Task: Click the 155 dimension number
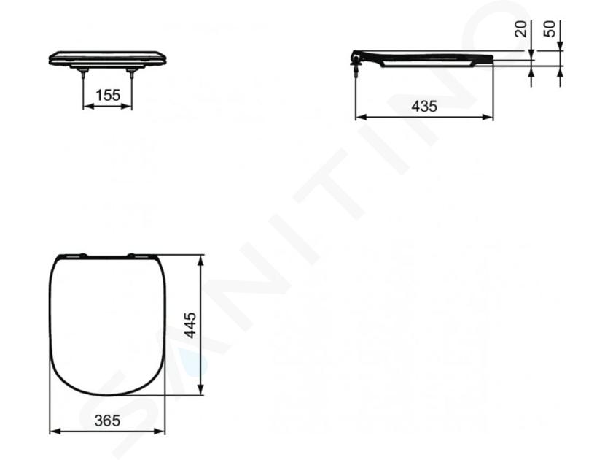click(x=108, y=95)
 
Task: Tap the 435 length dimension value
click(x=424, y=106)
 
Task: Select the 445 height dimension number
click(x=190, y=325)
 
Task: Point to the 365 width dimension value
click(x=107, y=421)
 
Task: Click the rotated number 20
click(x=520, y=29)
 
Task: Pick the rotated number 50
click(x=550, y=29)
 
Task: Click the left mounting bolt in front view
click(x=83, y=73)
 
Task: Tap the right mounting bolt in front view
click(x=131, y=73)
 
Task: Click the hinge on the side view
click(x=356, y=60)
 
